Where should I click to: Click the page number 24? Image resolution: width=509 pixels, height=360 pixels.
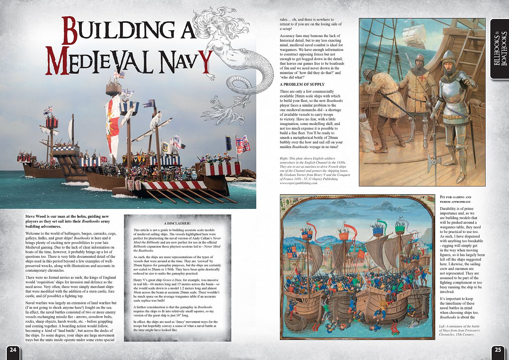click(13, 350)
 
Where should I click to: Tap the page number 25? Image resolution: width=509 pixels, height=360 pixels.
click(497, 350)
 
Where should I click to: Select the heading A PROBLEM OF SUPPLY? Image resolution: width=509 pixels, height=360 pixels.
click(302, 84)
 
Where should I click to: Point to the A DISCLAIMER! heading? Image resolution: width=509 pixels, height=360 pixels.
click(177, 223)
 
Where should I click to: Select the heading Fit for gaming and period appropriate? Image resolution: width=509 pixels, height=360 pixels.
click(455, 199)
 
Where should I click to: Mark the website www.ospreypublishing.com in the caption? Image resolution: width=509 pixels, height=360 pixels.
click(298, 183)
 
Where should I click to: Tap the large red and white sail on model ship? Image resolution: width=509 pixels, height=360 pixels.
click(113, 124)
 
